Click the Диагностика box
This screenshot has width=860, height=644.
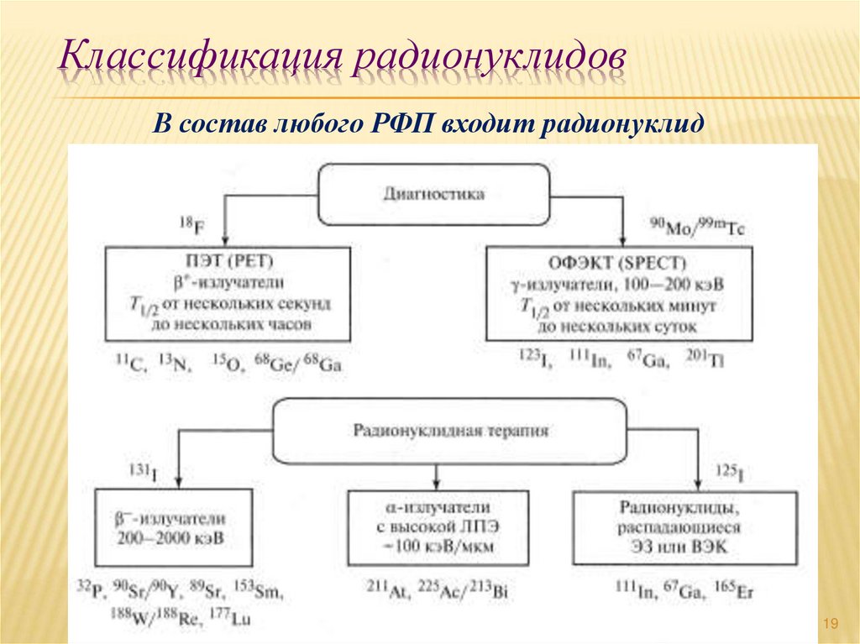click(x=433, y=194)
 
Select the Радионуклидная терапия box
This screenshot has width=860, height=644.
click(x=450, y=431)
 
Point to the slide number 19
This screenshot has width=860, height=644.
click(x=831, y=622)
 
